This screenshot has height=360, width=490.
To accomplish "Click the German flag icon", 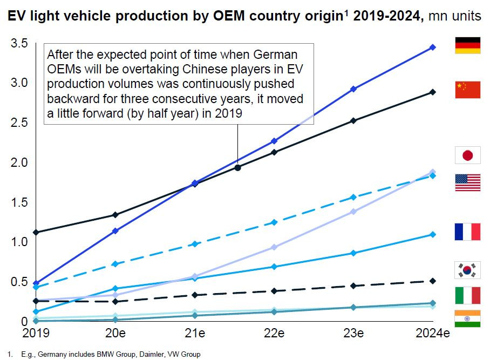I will (468, 45).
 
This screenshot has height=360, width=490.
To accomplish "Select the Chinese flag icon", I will (468, 90).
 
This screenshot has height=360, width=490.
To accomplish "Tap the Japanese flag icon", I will (468, 155).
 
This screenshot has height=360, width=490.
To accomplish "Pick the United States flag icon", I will (468, 182).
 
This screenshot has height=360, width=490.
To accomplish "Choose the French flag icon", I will (468, 232).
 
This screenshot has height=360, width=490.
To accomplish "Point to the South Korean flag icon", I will (468, 269).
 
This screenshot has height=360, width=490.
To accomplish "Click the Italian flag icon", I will (468, 295).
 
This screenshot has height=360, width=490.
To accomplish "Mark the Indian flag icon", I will (468, 319).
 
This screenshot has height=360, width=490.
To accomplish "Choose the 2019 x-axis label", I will (36, 334).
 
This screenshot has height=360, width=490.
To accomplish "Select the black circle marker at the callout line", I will (237, 167).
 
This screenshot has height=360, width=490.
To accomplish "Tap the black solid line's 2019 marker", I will (36, 232).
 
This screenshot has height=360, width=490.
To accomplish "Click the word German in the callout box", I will (278, 55).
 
